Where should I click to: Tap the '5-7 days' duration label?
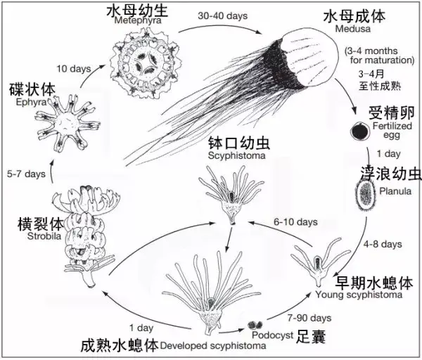(23, 172)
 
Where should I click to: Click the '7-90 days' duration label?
(309, 317)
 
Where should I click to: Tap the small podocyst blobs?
(255, 325)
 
